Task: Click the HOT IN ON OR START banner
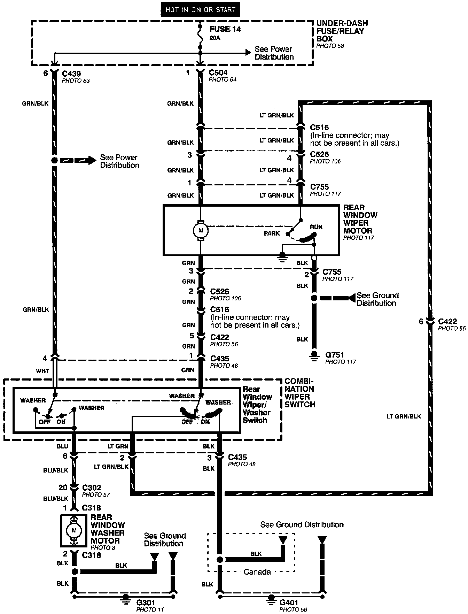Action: [200, 10]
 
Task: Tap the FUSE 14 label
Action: [225, 29]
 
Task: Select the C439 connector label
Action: [71, 74]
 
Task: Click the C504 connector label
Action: [218, 72]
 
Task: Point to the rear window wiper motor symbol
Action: [201, 230]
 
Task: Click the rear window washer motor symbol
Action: [74, 530]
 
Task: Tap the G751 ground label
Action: [335, 355]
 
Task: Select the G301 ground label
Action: [146, 603]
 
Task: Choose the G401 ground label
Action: [289, 602]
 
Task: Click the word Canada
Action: [257, 572]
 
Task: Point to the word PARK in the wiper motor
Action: [272, 233]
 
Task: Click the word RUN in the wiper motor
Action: [316, 227]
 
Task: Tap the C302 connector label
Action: [91, 488]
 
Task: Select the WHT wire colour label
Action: [42, 371]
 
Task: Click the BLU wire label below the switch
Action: [62, 446]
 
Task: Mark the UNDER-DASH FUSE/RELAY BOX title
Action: [342, 31]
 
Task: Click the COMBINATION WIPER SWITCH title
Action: [299, 393]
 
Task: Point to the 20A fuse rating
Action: [215, 38]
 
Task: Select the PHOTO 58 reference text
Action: [330, 46]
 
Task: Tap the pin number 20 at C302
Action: [63, 488]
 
